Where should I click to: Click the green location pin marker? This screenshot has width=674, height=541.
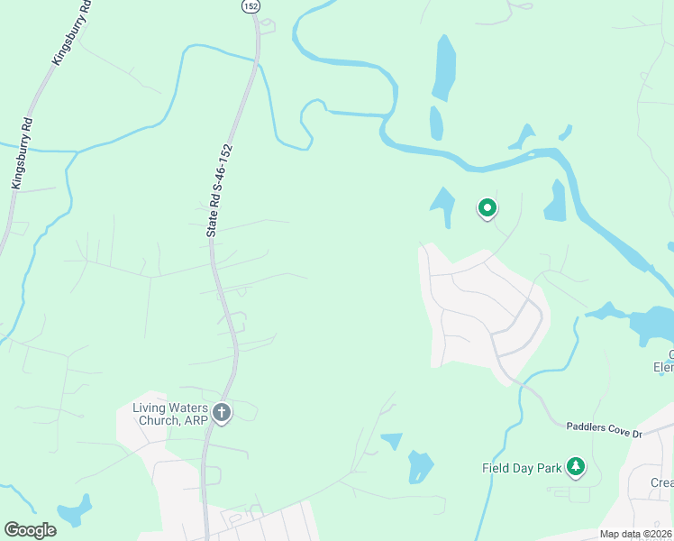[x=487, y=209]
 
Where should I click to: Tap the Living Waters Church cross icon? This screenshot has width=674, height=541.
[x=222, y=414]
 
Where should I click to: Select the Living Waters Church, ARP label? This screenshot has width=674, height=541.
[x=170, y=414]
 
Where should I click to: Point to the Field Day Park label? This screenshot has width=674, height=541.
[x=521, y=468]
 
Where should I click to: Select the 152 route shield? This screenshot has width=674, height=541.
[x=251, y=5]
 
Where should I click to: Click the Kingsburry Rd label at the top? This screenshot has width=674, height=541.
[x=71, y=34]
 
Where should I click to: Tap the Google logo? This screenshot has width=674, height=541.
[x=31, y=530]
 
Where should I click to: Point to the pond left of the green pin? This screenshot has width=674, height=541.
[x=443, y=206]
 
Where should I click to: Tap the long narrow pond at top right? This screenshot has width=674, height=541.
[x=443, y=68]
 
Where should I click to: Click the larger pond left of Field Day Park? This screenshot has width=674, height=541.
[x=420, y=467]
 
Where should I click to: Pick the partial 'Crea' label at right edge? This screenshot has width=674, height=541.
[x=662, y=482]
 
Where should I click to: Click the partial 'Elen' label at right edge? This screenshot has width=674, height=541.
[x=664, y=367]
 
